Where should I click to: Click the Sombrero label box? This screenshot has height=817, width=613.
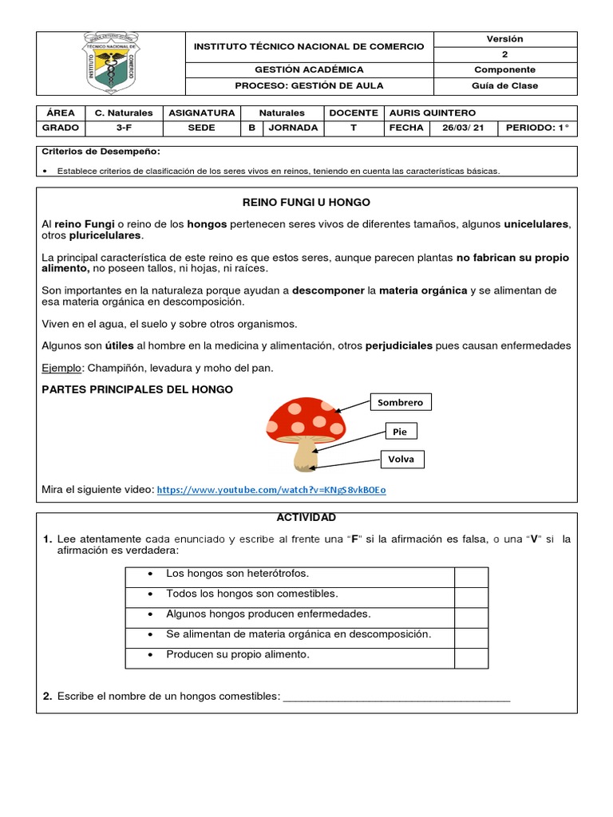400,402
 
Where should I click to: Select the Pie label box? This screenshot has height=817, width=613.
401,432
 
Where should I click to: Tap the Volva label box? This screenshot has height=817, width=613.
401,460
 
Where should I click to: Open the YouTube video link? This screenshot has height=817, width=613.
271,490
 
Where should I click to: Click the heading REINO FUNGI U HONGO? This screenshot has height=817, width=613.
306,203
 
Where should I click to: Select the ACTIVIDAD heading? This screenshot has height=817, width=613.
306,518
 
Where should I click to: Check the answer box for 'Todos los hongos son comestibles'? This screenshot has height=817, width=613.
471,596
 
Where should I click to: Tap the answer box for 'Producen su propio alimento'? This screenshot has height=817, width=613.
471,657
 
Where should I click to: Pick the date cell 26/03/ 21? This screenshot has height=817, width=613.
463,128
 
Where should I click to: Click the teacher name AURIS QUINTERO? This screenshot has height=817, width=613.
434,113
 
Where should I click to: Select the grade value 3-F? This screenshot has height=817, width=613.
124,128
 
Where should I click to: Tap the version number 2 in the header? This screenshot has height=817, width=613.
504,54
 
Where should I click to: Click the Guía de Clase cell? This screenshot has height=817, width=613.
504,85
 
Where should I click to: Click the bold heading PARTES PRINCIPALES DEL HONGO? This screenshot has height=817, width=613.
137,389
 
